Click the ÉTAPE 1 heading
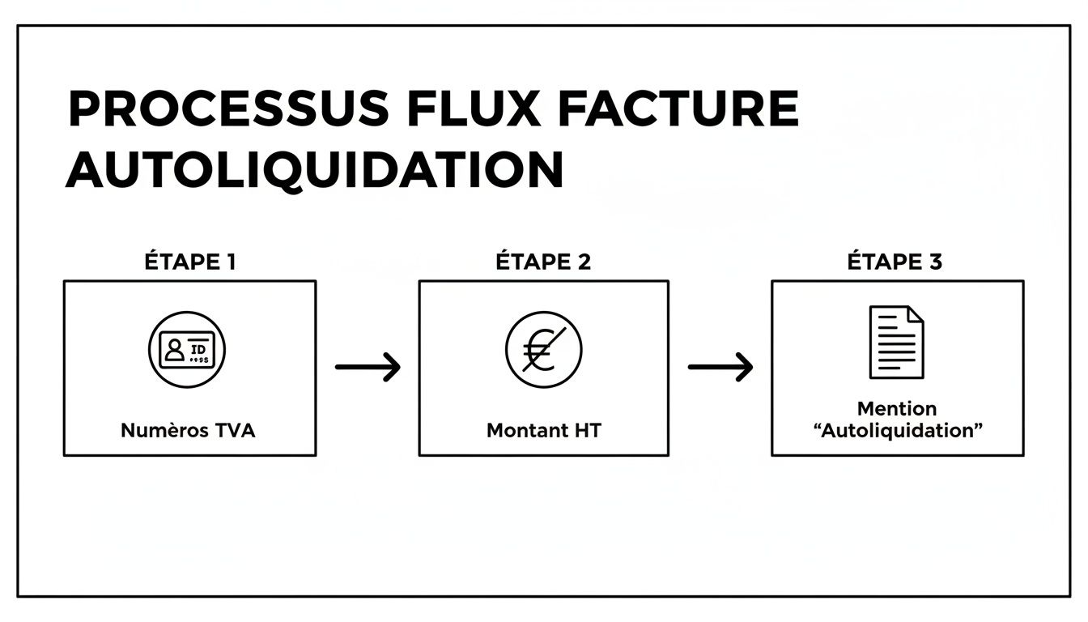coord(190,262)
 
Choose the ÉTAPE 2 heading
coord(543,262)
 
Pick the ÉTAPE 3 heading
coord(895,262)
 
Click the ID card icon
coord(187,350)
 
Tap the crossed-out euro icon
coord(543,351)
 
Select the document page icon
coord(896,343)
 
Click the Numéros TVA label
coord(188,431)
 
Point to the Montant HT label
coord(543,431)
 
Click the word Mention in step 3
coord(896,409)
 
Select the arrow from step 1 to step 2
coord(368,367)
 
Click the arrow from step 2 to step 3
coord(720,367)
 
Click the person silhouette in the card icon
coord(174,350)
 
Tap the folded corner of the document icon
coord(916,314)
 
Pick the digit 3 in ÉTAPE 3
coord(935,262)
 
